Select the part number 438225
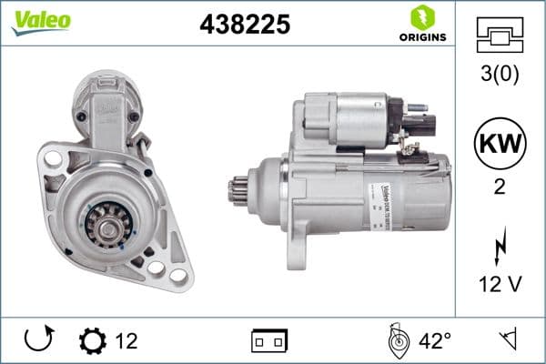tap(245, 25)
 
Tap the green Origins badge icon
tap(420, 17)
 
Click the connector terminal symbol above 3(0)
tap(500, 37)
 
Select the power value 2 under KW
tap(500, 189)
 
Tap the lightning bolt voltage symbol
tap(500, 247)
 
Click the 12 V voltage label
tap(500, 286)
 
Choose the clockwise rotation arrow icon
tap(38, 341)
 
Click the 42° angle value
tap(435, 341)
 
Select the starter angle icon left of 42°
tap(397, 341)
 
